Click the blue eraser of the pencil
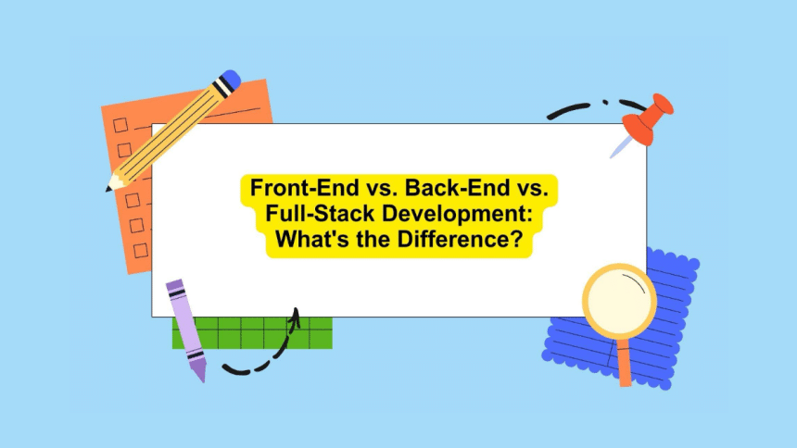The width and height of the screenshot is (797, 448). coord(230,81)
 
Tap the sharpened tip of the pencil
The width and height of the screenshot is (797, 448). coord(110,186)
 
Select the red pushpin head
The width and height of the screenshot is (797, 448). coord(650,115)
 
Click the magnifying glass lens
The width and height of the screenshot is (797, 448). coord(619,300)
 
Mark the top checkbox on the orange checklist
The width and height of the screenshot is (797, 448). coord(120,124)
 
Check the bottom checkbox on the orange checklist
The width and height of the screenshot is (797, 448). coord(141,250)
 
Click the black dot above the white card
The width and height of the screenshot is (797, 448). coord(605,102)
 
